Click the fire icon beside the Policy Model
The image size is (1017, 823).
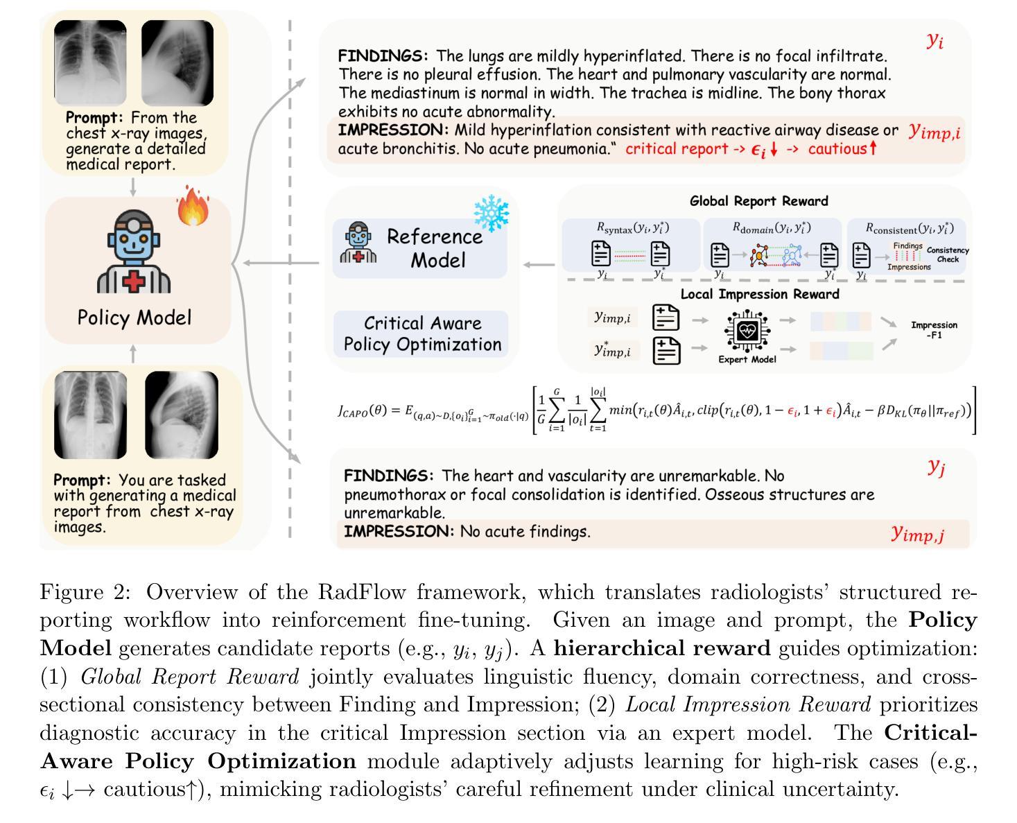pyautogui.click(x=193, y=206)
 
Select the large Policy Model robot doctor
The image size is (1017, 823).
pyautogui.click(x=134, y=254)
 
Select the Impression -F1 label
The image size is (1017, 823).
pyautogui.click(x=934, y=330)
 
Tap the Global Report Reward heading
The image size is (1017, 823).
pyautogui.click(x=758, y=201)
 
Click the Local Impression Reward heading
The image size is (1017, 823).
pyautogui.click(x=759, y=294)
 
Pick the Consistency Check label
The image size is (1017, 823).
pyautogui.click(x=948, y=254)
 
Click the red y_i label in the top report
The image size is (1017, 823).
pyautogui.click(x=935, y=40)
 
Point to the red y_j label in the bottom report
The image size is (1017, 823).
pyautogui.click(x=936, y=467)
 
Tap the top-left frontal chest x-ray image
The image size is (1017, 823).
pyautogui.click(x=90, y=60)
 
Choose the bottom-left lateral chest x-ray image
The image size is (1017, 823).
pyautogui.click(x=182, y=415)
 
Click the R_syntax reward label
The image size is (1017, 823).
pyautogui.click(x=632, y=227)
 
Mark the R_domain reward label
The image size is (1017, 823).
pyautogui.click(x=772, y=227)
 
